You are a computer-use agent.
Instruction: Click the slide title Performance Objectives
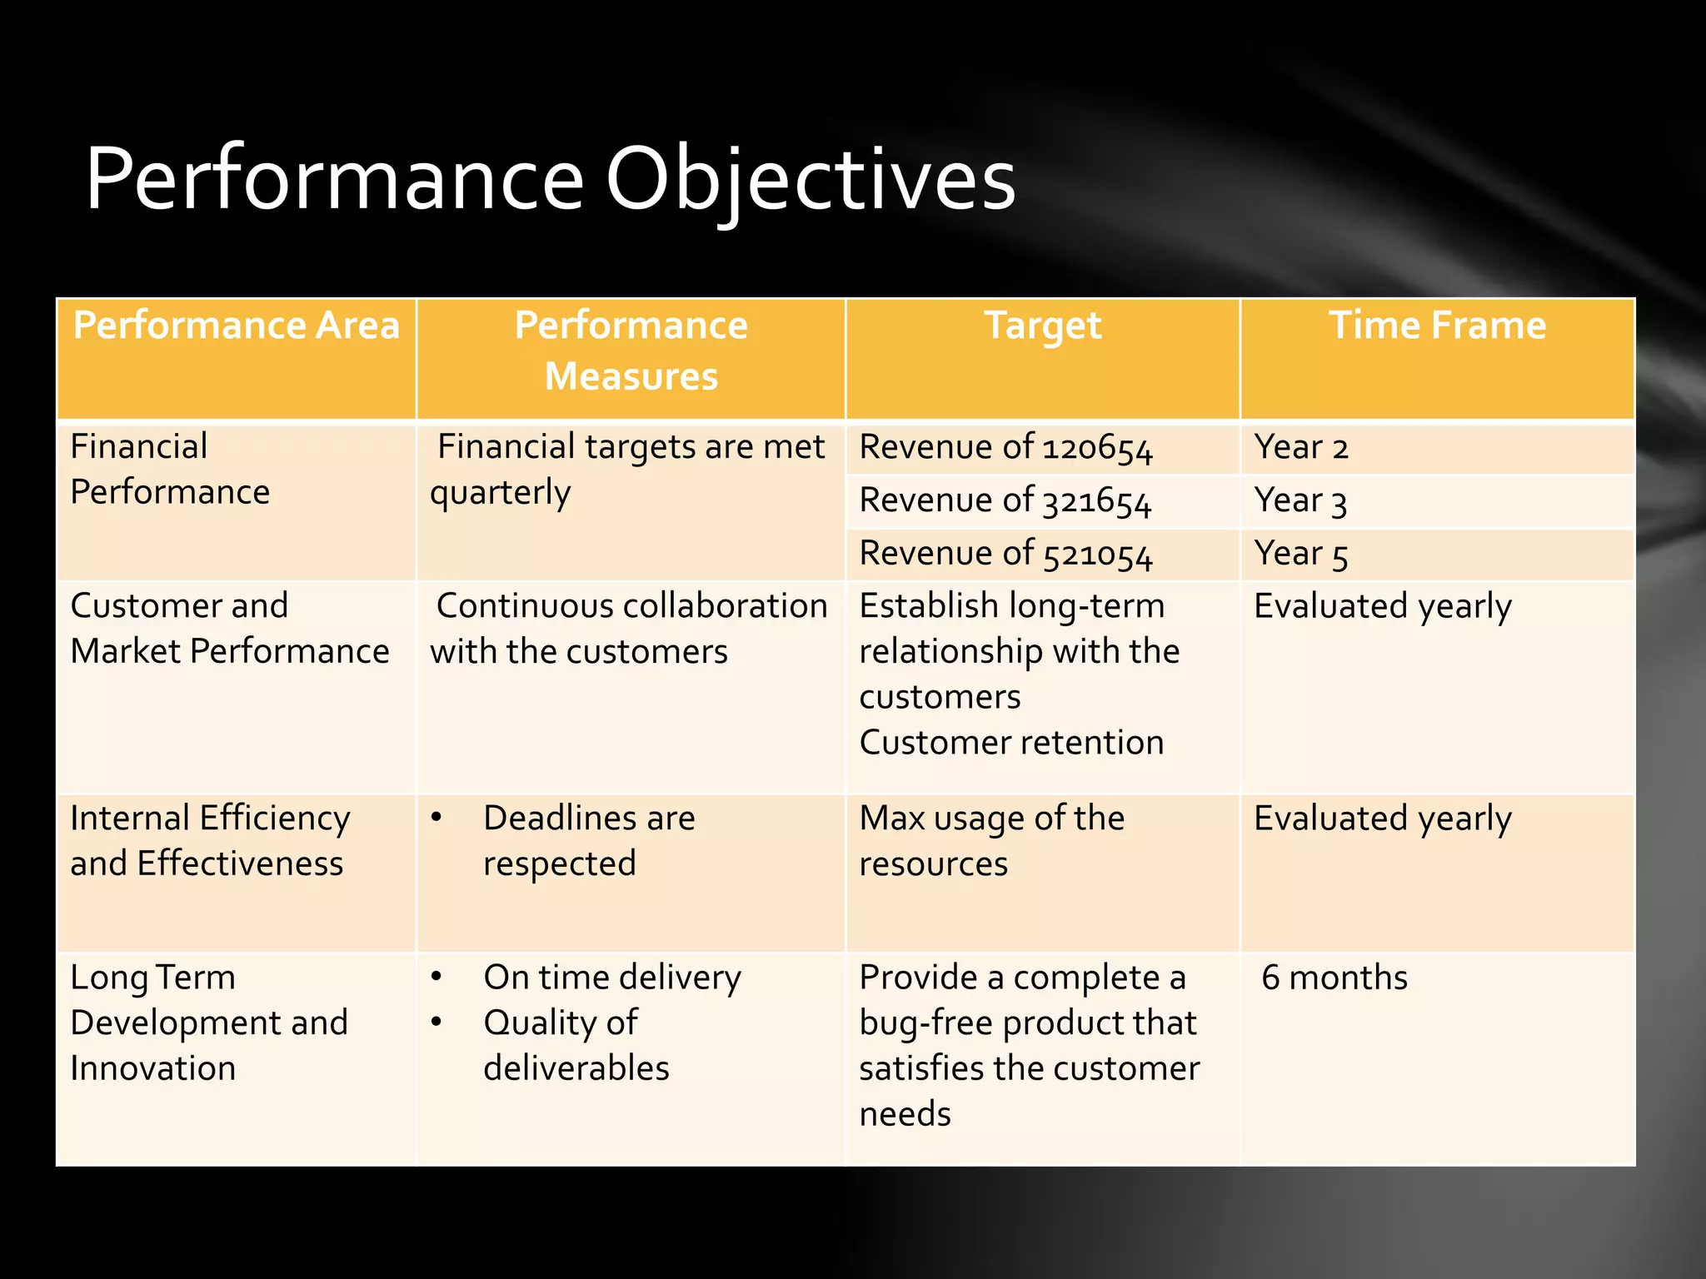click(550, 179)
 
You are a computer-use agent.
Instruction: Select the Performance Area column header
click(237, 326)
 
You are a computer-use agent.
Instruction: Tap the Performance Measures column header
click(631, 351)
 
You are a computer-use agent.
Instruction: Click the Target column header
click(1042, 326)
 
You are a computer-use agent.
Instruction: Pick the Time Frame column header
click(1437, 326)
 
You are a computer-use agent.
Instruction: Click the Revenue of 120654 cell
click(1005, 448)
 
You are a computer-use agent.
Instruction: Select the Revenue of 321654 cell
click(1005, 501)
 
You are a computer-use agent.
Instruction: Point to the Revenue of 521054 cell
click(1005, 555)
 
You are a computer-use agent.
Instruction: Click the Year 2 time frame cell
click(1300, 448)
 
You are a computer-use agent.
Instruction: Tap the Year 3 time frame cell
click(1300, 501)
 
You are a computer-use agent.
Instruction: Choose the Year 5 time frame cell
click(1300, 555)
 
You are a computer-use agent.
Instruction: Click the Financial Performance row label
click(170, 469)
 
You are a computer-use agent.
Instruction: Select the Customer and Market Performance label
click(229, 628)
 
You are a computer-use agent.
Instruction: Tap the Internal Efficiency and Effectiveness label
click(210, 840)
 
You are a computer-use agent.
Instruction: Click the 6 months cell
click(1334, 978)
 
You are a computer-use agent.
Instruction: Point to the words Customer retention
click(1011, 743)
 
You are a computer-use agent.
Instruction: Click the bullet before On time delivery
click(436, 977)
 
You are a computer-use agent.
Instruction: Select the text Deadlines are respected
click(588, 840)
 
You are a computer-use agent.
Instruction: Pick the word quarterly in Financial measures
click(500, 493)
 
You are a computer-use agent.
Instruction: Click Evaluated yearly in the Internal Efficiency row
click(1382, 819)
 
